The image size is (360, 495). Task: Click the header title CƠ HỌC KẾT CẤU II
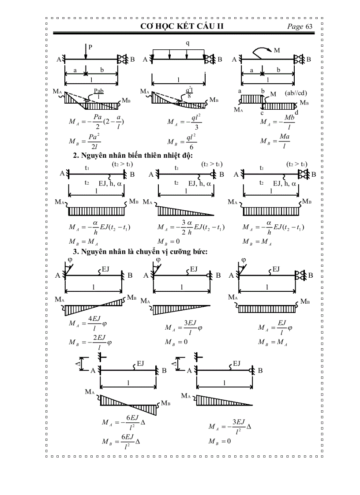click(x=182, y=26)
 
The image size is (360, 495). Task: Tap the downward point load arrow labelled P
click(x=86, y=52)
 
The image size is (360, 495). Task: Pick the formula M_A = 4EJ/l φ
click(x=89, y=324)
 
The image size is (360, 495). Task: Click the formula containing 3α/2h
click(x=191, y=227)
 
